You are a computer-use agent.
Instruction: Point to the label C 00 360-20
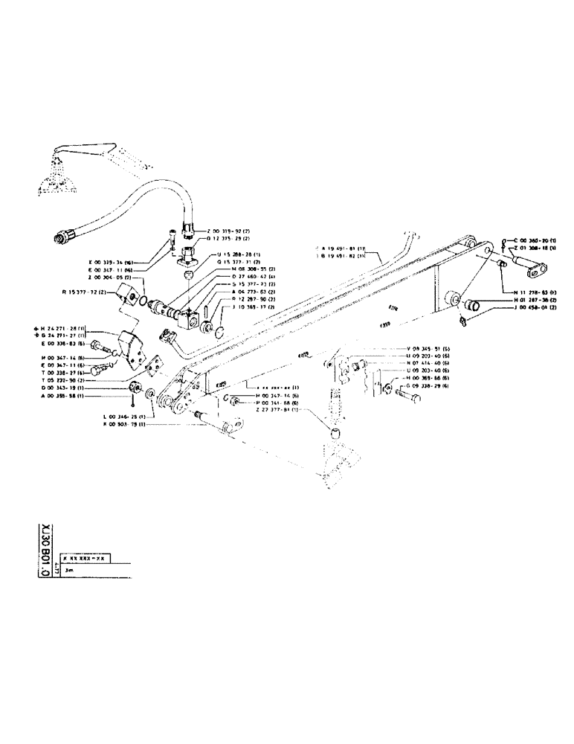[x=535, y=241]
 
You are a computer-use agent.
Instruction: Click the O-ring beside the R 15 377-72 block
[x=141, y=300]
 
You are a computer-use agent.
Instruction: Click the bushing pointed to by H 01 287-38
[x=472, y=305]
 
